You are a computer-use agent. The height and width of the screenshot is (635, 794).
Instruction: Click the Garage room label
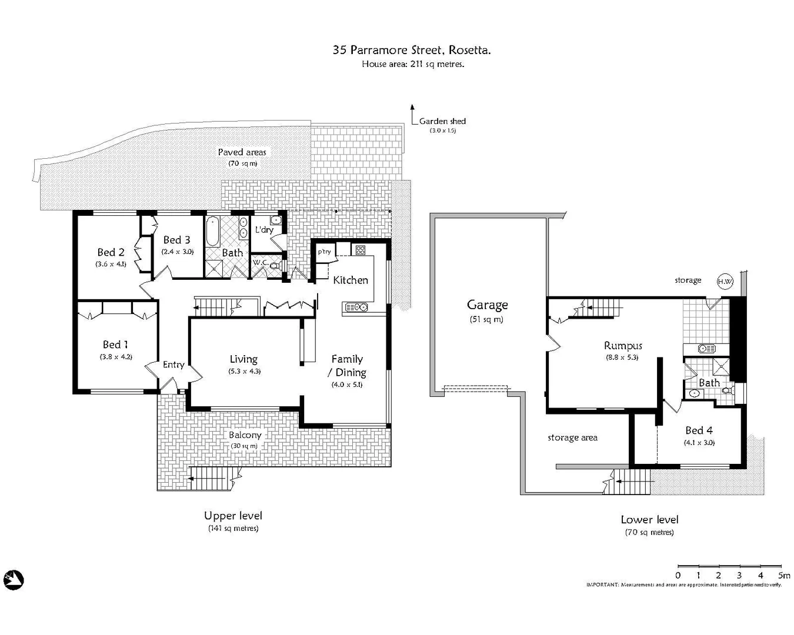pyautogui.click(x=487, y=305)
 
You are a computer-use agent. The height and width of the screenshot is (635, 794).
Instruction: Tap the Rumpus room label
pyautogui.click(x=623, y=346)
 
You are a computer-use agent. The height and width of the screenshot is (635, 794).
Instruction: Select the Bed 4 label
pyautogui.click(x=699, y=430)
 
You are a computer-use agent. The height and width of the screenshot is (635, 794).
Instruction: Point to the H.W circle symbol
pyautogui.click(x=725, y=281)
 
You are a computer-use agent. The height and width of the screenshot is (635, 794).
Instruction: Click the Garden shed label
pyautogui.click(x=442, y=121)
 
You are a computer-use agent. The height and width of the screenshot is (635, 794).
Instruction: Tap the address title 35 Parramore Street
pyautogui.click(x=412, y=50)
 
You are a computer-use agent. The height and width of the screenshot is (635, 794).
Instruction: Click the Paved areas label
pyautogui.click(x=242, y=152)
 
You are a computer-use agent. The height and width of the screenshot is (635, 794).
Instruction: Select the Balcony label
pyautogui.click(x=245, y=435)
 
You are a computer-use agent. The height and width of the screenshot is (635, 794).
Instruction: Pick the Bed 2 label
pyautogui.click(x=111, y=252)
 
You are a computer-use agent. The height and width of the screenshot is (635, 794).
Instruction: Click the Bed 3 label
pyautogui.click(x=176, y=240)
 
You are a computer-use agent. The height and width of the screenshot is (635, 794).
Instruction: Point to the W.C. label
pyautogui.click(x=260, y=262)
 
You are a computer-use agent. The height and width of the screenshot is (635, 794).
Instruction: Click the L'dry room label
pyautogui.click(x=264, y=229)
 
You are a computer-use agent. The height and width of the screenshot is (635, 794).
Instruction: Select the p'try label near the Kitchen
pyautogui.click(x=325, y=252)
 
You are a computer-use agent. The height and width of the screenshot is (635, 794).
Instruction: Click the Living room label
pyautogui.click(x=243, y=359)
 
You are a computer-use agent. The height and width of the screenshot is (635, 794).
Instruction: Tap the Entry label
pyautogui.click(x=174, y=365)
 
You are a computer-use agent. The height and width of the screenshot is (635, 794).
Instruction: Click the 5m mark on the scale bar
pyautogui.click(x=783, y=575)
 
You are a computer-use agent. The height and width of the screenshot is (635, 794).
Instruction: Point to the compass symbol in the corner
pyautogui.click(x=13, y=580)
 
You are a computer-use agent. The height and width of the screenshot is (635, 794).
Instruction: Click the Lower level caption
pyautogui.click(x=649, y=520)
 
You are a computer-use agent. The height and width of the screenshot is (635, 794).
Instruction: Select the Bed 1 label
pyautogui.click(x=115, y=345)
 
